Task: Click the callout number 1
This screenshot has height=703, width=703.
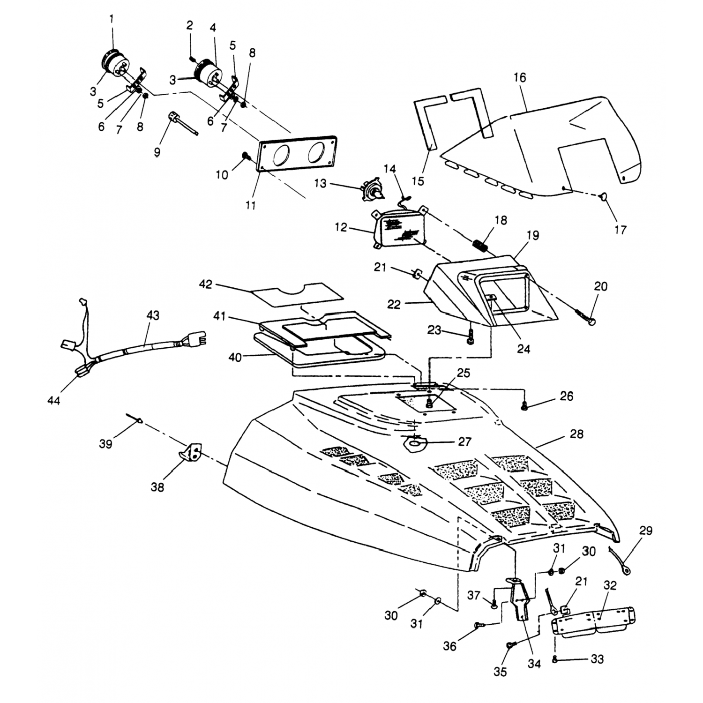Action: coord(112,19)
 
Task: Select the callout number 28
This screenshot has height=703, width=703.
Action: coord(576,434)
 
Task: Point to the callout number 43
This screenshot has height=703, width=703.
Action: coord(153,315)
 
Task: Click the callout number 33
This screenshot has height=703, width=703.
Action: coord(597,659)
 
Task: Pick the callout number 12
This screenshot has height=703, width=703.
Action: coord(354,228)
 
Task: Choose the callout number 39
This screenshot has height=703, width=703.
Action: coord(106,443)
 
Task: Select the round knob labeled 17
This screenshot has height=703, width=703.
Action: coord(604,197)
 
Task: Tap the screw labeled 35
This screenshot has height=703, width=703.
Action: coord(509,645)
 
